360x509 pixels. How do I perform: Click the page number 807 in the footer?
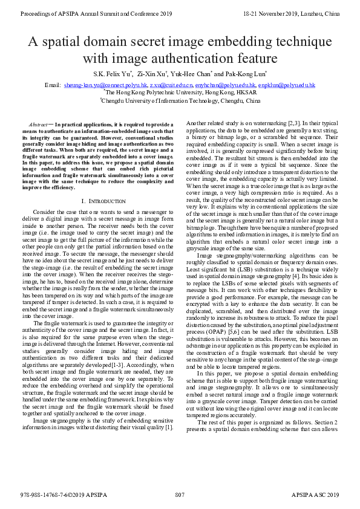[180, 495]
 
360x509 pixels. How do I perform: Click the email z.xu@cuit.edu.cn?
[171, 86]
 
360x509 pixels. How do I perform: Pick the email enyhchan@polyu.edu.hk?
[225, 86]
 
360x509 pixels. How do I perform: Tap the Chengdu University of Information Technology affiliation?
[180, 102]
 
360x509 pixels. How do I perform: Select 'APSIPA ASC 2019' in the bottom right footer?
[315, 495]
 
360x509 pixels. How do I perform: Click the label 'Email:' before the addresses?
[53, 86]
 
